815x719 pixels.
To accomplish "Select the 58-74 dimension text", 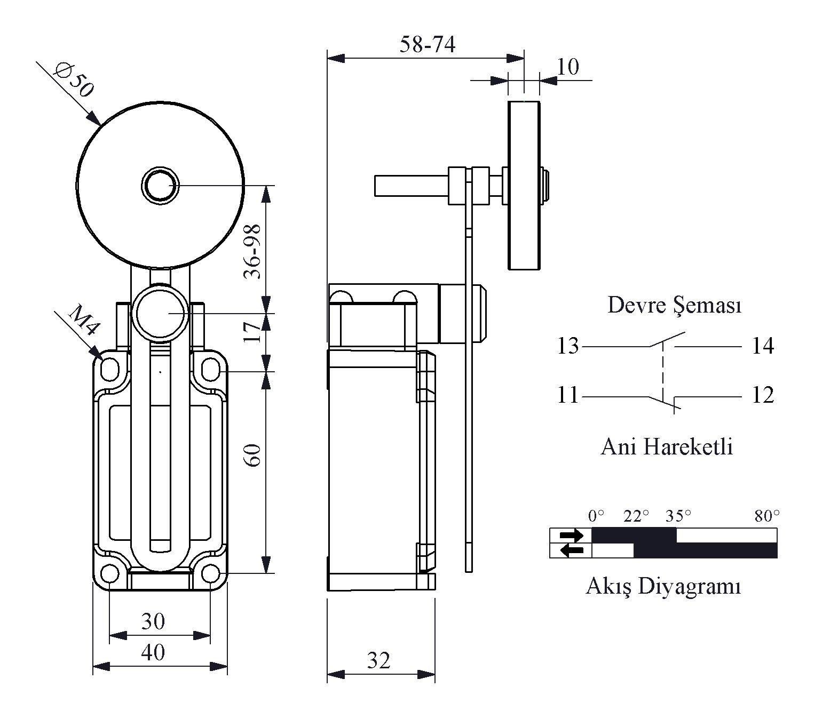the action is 427,45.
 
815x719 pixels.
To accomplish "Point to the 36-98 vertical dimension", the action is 252,252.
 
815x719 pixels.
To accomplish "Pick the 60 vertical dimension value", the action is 252,455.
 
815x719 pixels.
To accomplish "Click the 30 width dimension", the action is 153,621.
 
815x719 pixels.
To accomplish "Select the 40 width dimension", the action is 153,652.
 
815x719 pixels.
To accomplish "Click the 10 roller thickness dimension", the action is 567,67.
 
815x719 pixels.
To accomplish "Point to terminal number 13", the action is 567,346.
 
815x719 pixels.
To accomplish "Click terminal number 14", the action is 763,346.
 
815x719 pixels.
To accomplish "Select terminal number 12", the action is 763,395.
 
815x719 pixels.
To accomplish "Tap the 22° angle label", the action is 636,516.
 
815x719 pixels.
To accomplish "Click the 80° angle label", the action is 767,516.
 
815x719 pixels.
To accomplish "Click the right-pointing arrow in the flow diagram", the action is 571,535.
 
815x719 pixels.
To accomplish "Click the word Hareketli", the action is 688,447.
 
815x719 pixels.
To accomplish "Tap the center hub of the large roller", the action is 160,186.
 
